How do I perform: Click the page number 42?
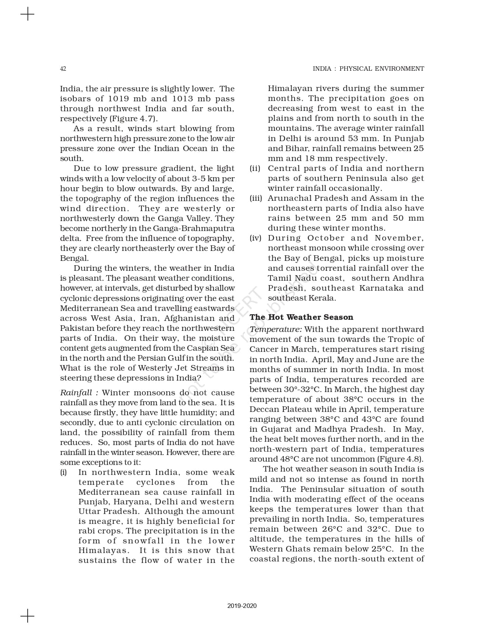tap(63, 69)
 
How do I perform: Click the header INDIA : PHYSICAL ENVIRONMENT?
tap(368, 69)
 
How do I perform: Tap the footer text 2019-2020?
tap(242, 606)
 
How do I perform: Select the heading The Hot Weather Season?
tap(301, 317)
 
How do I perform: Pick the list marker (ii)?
tap(255, 169)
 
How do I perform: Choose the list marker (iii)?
tap(256, 199)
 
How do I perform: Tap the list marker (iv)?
tap(255, 238)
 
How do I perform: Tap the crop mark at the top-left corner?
tap(27, 14)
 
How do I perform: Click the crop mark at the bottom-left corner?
tap(27, 616)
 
